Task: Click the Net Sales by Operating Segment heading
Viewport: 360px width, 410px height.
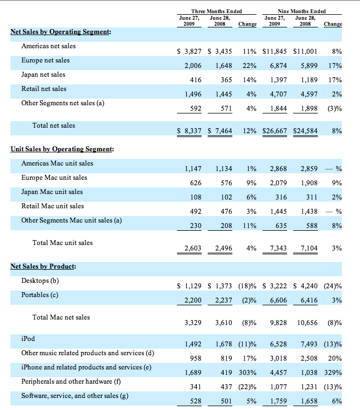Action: [x=61, y=32]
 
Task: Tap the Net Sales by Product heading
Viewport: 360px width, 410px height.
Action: [x=43, y=266]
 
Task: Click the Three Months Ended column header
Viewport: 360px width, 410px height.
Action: [x=216, y=12]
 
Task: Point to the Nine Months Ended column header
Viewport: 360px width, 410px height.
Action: [x=301, y=12]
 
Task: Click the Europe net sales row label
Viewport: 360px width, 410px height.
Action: [x=45, y=60]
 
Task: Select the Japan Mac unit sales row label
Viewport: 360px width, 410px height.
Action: [x=52, y=192]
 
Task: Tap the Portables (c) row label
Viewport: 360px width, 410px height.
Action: [x=41, y=295]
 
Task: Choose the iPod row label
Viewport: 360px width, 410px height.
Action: [x=28, y=339]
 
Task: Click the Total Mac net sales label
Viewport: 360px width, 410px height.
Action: [x=61, y=317]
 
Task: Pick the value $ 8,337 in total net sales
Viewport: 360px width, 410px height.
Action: [x=190, y=131]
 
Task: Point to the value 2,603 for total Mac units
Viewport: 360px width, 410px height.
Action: [x=191, y=248]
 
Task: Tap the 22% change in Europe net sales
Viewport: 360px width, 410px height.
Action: [x=250, y=66]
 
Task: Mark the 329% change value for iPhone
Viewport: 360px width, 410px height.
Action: [x=333, y=373]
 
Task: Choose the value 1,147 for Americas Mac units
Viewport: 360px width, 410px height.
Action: [x=191, y=169]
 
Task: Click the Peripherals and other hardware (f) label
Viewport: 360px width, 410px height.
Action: [x=71, y=381]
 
